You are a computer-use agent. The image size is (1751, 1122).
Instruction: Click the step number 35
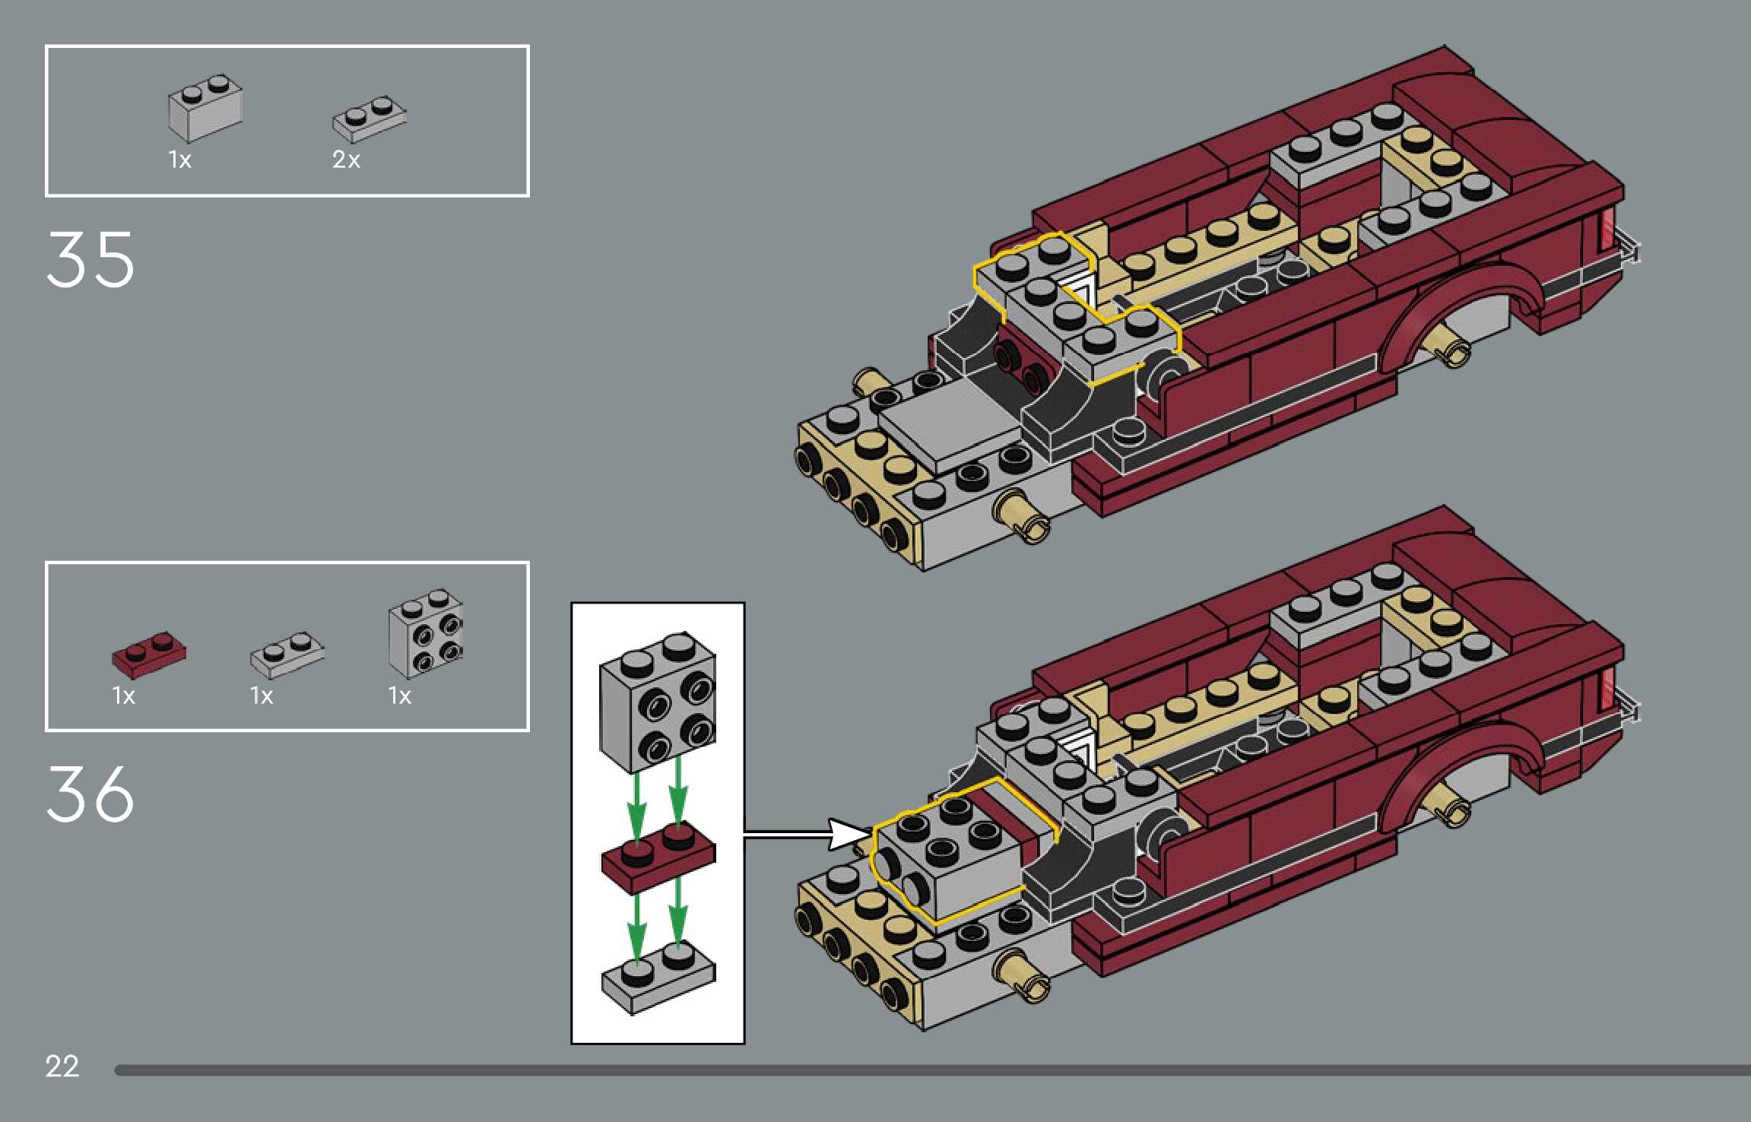click(90, 260)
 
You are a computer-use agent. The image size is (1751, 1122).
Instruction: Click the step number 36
click(90, 794)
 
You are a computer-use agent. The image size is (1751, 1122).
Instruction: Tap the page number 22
click(62, 1066)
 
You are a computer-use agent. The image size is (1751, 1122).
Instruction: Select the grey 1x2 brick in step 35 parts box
click(205, 107)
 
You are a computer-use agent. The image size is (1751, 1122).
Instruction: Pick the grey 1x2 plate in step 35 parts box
click(369, 119)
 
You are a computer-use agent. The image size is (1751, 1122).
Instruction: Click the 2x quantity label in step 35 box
click(346, 160)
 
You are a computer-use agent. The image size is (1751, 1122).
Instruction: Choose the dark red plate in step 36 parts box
click(149, 654)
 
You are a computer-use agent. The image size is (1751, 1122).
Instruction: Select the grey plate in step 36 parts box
click(287, 654)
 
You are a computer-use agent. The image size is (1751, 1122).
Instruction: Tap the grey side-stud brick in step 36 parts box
click(426, 633)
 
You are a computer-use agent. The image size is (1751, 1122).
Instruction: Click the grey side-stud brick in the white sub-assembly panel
click(658, 702)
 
